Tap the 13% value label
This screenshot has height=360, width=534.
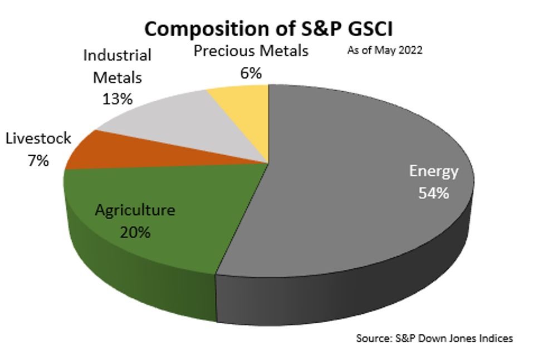[x=117, y=99]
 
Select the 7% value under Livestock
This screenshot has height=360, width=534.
[x=38, y=160]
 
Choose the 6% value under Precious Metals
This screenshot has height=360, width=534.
[x=251, y=73]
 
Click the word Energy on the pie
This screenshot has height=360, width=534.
[x=434, y=171]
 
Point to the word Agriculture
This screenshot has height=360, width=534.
[x=135, y=210]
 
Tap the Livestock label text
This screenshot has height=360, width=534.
[x=38, y=138]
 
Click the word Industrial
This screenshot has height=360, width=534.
[x=117, y=56]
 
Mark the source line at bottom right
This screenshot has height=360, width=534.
[x=434, y=338]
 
